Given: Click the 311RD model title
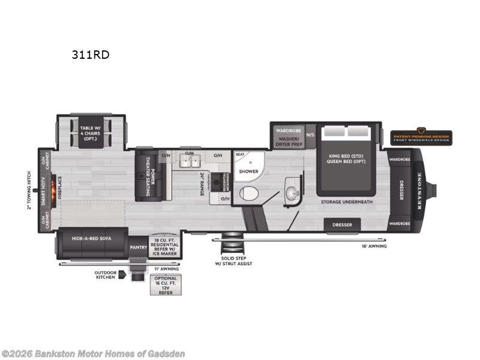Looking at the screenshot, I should (89, 54).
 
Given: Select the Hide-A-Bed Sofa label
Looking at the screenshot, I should (92, 238).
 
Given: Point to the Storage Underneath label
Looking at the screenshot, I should (346, 202).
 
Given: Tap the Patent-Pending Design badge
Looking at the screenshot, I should (421, 138).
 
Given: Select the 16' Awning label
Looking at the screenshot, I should (373, 246).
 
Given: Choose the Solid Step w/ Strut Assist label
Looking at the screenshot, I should (233, 260).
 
